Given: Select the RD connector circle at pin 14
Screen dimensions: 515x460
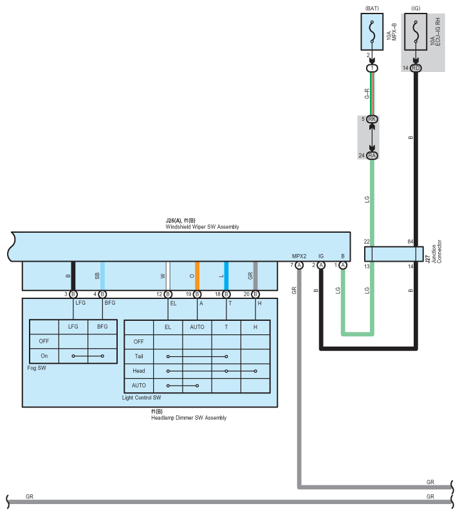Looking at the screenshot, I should (416, 68).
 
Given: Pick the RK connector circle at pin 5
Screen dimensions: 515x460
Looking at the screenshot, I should (372, 119).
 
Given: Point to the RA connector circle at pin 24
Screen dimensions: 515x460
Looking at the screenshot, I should (372, 155).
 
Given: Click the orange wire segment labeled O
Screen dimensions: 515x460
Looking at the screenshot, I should (197, 276).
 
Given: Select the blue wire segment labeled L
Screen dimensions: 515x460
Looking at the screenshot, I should (226, 276).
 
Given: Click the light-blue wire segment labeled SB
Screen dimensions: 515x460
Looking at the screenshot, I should (102, 276).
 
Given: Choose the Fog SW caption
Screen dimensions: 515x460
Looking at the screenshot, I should (39, 368).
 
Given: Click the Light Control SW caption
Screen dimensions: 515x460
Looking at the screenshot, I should (141, 398).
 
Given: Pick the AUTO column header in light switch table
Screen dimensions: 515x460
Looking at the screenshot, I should (197, 327).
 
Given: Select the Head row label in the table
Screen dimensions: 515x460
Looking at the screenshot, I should (139, 371).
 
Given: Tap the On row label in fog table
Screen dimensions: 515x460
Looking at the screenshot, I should (44, 356).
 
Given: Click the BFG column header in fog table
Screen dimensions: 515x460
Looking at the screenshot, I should (102, 327).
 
